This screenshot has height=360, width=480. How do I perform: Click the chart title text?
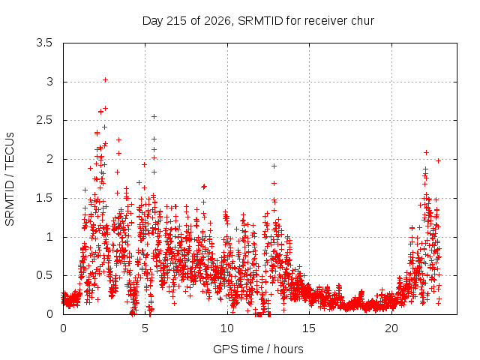click(x=258, y=21)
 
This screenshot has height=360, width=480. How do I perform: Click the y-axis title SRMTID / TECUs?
click(x=10, y=179)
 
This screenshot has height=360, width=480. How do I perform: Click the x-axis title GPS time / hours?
click(x=258, y=349)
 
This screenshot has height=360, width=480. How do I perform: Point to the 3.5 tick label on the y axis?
click(x=45, y=43)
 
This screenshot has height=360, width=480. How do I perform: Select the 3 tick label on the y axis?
click(x=50, y=82)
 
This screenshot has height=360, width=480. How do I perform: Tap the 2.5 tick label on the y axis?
click(x=45, y=120)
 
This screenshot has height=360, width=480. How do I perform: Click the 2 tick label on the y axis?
click(x=50, y=159)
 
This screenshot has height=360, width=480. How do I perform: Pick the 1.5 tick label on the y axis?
click(x=45, y=198)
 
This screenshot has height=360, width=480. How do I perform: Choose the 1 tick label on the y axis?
click(x=50, y=237)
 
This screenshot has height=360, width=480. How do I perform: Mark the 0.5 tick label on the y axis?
click(x=45, y=275)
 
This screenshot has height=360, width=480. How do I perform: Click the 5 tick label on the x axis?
click(x=145, y=328)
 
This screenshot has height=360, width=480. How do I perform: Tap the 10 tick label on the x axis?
click(x=227, y=328)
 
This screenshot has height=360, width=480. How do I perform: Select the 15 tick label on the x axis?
click(x=309, y=328)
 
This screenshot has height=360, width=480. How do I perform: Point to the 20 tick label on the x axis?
click(x=391, y=328)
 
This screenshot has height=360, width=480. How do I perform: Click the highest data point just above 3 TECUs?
click(x=105, y=80)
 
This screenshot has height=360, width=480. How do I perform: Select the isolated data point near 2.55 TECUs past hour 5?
click(x=154, y=117)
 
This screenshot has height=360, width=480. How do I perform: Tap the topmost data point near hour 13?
click(x=274, y=166)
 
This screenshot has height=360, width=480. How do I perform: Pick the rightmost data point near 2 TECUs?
click(x=438, y=161)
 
